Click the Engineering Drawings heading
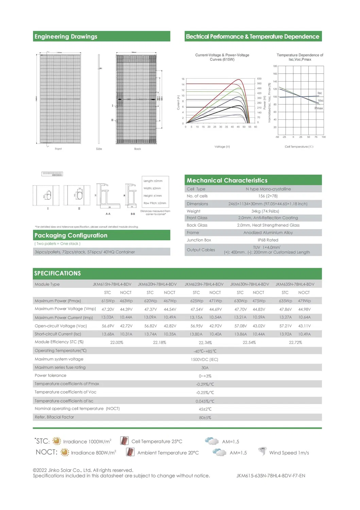66,36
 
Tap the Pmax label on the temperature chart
319,108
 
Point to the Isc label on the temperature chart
320,93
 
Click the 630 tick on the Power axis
259,79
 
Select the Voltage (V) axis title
222,147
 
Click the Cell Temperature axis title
299,147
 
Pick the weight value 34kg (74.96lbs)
265,211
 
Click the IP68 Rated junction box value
268,240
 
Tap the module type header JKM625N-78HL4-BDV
204,284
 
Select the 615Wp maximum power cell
108,301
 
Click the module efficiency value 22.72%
295,342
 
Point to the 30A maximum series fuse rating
205,367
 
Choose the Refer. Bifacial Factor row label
54,417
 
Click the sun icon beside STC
56,441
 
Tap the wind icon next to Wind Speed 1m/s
262,451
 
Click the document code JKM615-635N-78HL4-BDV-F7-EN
271,476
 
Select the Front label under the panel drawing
58,149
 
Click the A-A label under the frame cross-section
108,214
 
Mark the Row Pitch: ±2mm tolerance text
155,203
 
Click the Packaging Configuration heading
71,235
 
